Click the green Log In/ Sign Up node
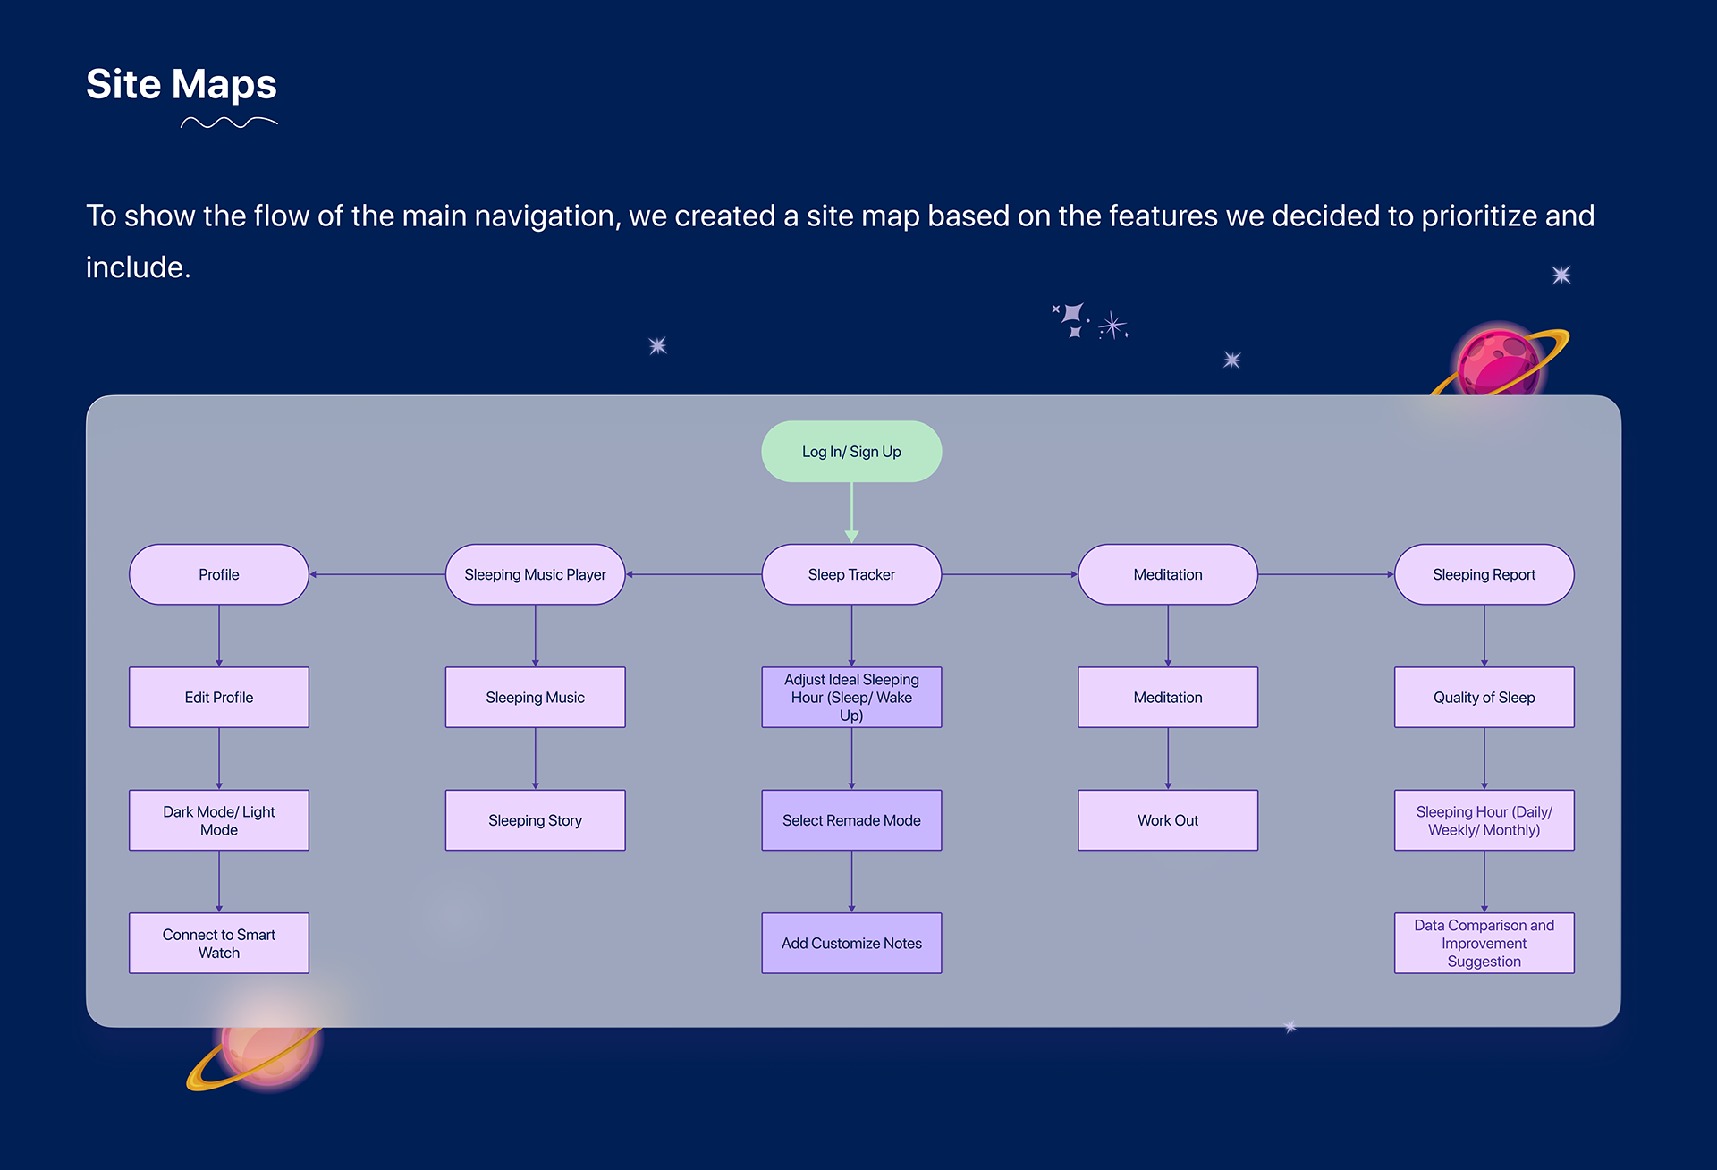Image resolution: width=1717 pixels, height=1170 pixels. click(x=851, y=452)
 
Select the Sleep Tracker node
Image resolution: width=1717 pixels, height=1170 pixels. click(x=851, y=574)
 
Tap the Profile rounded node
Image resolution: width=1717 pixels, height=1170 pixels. click(x=219, y=574)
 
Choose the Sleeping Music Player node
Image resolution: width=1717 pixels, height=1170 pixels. click(x=535, y=574)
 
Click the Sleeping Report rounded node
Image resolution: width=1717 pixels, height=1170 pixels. click(x=1484, y=574)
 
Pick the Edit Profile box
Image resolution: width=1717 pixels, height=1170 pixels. click(x=219, y=697)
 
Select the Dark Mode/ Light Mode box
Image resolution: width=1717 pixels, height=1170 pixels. click(x=219, y=820)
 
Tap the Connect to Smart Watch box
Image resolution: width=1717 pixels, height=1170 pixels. click(x=219, y=943)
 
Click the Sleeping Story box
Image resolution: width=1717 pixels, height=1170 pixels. click(x=535, y=820)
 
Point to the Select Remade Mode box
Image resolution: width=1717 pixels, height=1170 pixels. click(x=851, y=820)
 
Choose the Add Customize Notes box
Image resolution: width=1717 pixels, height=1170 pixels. click(x=851, y=943)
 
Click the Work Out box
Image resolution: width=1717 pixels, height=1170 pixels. click(x=1168, y=820)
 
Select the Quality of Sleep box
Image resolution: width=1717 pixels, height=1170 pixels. click(x=1484, y=697)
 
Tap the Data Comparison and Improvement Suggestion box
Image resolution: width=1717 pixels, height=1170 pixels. click(x=1484, y=943)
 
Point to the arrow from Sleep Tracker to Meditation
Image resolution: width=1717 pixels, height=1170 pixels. click(x=1010, y=574)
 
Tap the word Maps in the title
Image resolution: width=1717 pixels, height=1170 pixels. click(x=224, y=84)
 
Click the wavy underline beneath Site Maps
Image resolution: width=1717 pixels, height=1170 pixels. click(x=229, y=123)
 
